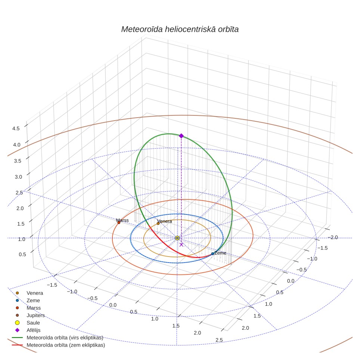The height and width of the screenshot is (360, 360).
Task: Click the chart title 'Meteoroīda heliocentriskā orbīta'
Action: (180, 30)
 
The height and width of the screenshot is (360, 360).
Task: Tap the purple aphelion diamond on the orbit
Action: (181, 136)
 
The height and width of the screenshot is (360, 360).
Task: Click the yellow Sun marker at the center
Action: (177, 238)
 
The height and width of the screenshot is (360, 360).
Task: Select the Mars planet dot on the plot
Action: (119, 223)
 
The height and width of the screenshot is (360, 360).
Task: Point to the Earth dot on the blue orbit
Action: (212, 254)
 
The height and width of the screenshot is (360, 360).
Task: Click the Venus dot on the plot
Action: (158, 223)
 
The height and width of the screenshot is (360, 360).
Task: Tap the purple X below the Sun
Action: (181, 245)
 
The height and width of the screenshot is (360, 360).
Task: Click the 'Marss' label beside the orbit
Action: (122, 220)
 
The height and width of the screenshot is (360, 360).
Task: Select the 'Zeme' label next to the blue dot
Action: (220, 253)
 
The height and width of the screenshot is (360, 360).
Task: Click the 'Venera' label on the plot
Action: (165, 221)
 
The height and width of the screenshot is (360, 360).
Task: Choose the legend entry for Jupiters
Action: (35, 315)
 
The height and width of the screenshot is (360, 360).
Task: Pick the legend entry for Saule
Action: (33, 323)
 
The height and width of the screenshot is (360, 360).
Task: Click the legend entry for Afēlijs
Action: (34, 330)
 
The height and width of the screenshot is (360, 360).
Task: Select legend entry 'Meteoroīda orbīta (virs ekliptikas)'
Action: (65, 338)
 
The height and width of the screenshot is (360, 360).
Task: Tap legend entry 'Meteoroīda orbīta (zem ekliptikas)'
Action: (66, 345)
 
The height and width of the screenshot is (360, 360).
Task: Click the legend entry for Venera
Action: (35, 293)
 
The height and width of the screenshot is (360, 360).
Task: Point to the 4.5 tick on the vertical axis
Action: (16, 128)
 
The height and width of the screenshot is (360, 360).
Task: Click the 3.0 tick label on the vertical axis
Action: (18, 177)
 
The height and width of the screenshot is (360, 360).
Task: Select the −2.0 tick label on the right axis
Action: (332, 238)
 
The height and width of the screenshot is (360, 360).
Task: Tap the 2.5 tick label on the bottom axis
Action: (219, 340)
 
